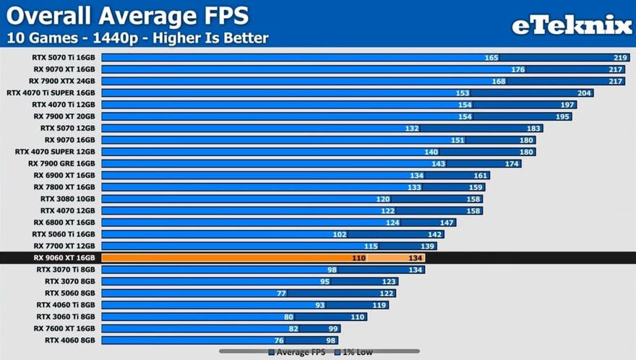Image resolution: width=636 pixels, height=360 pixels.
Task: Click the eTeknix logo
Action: [572, 25]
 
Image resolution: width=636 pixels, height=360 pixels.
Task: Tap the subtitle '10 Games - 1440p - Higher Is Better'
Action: [137, 38]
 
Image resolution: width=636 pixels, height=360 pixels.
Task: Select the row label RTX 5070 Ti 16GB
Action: [64, 58]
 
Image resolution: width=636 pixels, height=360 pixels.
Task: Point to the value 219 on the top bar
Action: [620, 58]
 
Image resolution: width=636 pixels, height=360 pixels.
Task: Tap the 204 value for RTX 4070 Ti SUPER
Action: [585, 93]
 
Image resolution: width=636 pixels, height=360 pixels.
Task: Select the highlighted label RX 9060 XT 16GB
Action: [64, 257]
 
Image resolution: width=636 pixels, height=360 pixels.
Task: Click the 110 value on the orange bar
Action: [358, 257]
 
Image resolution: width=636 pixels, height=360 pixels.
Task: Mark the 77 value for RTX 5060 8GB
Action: [282, 293]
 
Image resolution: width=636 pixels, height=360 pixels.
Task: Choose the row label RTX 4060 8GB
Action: [70, 340]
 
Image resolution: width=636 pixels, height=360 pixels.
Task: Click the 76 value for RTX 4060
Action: [279, 340]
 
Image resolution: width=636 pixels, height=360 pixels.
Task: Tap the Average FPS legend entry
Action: [299, 352]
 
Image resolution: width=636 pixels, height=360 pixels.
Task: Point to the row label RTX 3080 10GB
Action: [68, 199]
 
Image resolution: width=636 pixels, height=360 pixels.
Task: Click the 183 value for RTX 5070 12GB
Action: [533, 128]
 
